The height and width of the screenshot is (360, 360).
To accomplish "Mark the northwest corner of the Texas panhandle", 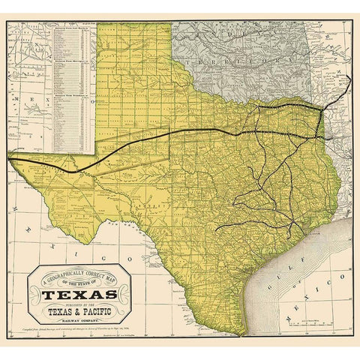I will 97,22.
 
